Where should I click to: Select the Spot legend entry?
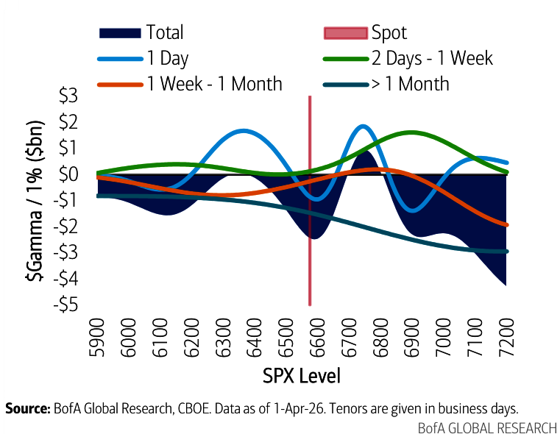(x=389, y=32)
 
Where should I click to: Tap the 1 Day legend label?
(x=168, y=58)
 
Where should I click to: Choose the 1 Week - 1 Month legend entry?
(x=214, y=84)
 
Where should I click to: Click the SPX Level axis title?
(x=302, y=377)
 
